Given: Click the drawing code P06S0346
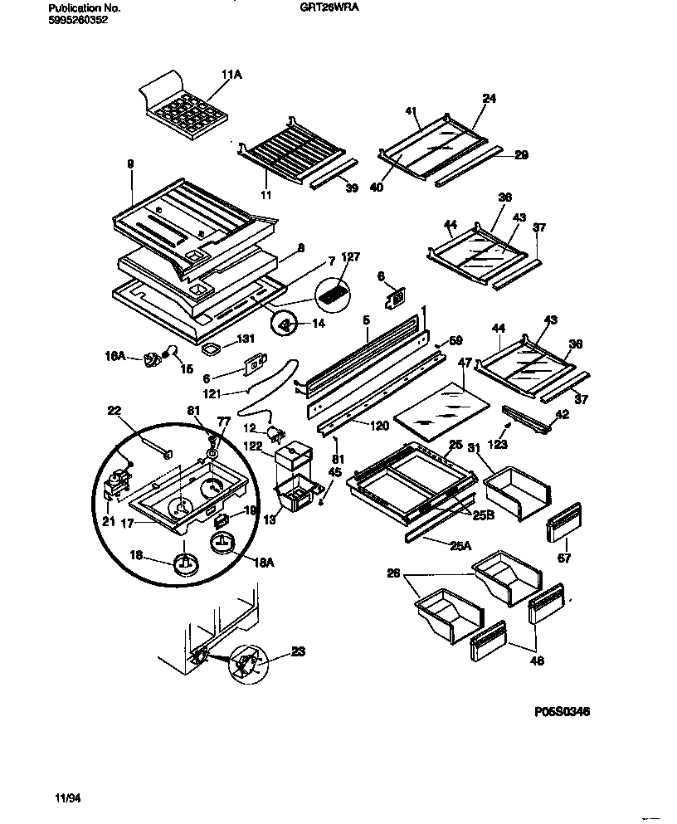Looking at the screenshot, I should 563,712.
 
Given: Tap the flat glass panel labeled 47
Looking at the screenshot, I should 434,411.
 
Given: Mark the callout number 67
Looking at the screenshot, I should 565,559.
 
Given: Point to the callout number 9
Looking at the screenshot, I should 130,164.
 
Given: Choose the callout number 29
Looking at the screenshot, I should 521,154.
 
